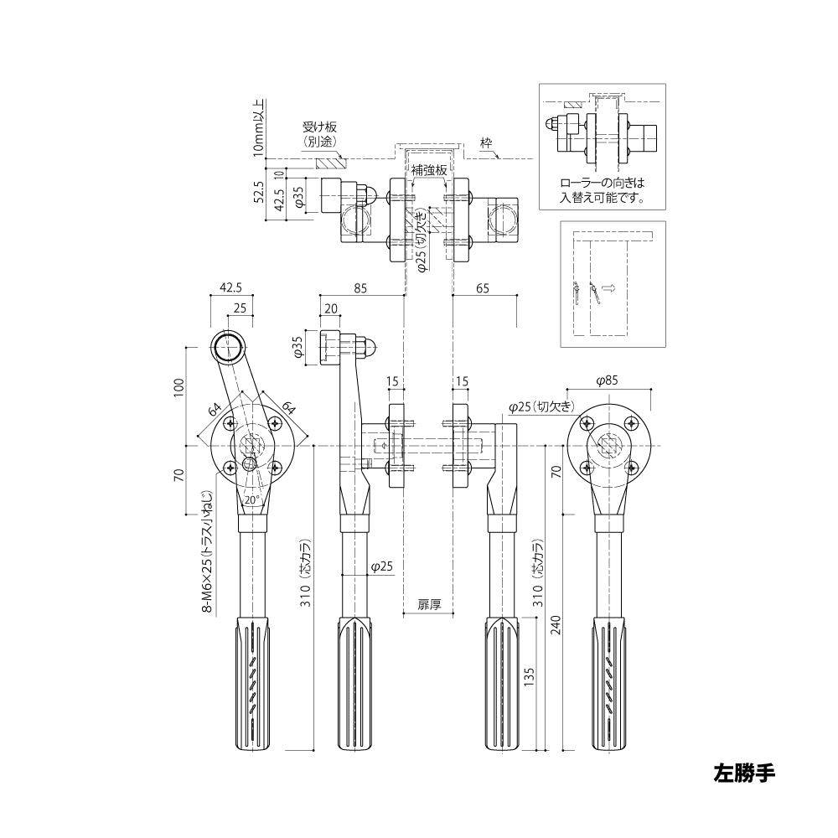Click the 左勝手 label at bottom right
click(x=744, y=773)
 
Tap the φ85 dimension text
click(x=607, y=381)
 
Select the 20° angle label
click(x=251, y=499)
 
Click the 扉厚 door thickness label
click(x=429, y=604)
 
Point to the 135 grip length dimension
click(x=529, y=677)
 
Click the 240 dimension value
click(x=556, y=624)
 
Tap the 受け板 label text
click(x=319, y=127)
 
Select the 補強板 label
click(x=428, y=170)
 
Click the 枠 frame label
click(x=485, y=143)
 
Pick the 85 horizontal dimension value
click(x=360, y=288)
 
